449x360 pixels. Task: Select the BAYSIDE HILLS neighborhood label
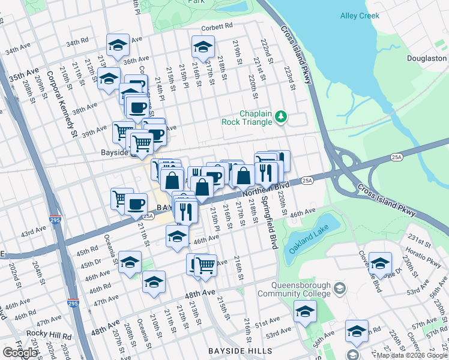coord(240,351)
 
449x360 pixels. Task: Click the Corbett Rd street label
coord(217,26)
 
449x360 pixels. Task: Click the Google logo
coord(19,353)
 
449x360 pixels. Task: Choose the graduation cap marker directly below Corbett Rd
coord(203,47)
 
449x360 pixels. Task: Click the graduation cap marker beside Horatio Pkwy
coord(380,263)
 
